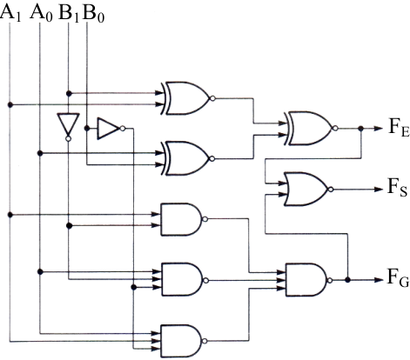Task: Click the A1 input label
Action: click(10, 12)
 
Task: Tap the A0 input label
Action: click(41, 12)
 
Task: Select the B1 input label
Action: click(69, 12)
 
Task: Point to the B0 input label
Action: click(93, 12)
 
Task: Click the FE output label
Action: click(399, 128)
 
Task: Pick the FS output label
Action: click(398, 188)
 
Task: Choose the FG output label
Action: click(398, 277)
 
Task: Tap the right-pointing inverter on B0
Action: click(111, 128)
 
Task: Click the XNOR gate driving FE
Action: click(311, 128)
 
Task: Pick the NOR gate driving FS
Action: click(308, 189)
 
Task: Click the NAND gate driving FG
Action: click(308, 280)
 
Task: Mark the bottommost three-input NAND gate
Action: click(184, 341)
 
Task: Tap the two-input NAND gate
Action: click(184, 219)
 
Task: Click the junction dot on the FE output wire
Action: click(361, 128)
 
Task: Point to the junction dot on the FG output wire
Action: click(347, 280)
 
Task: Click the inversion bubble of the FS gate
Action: click(331, 190)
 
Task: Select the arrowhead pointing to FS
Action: click(379, 190)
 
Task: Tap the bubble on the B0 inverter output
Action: click(123, 128)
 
